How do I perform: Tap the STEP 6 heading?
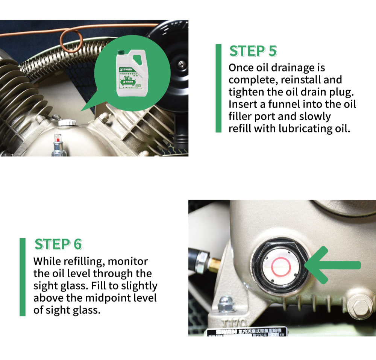click(x=58, y=244)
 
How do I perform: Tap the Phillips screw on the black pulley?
click(x=182, y=64)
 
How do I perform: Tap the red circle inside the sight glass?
click(x=280, y=267)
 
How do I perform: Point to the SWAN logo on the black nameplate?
click(x=225, y=332)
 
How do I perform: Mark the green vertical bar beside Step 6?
click(x=23, y=276)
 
